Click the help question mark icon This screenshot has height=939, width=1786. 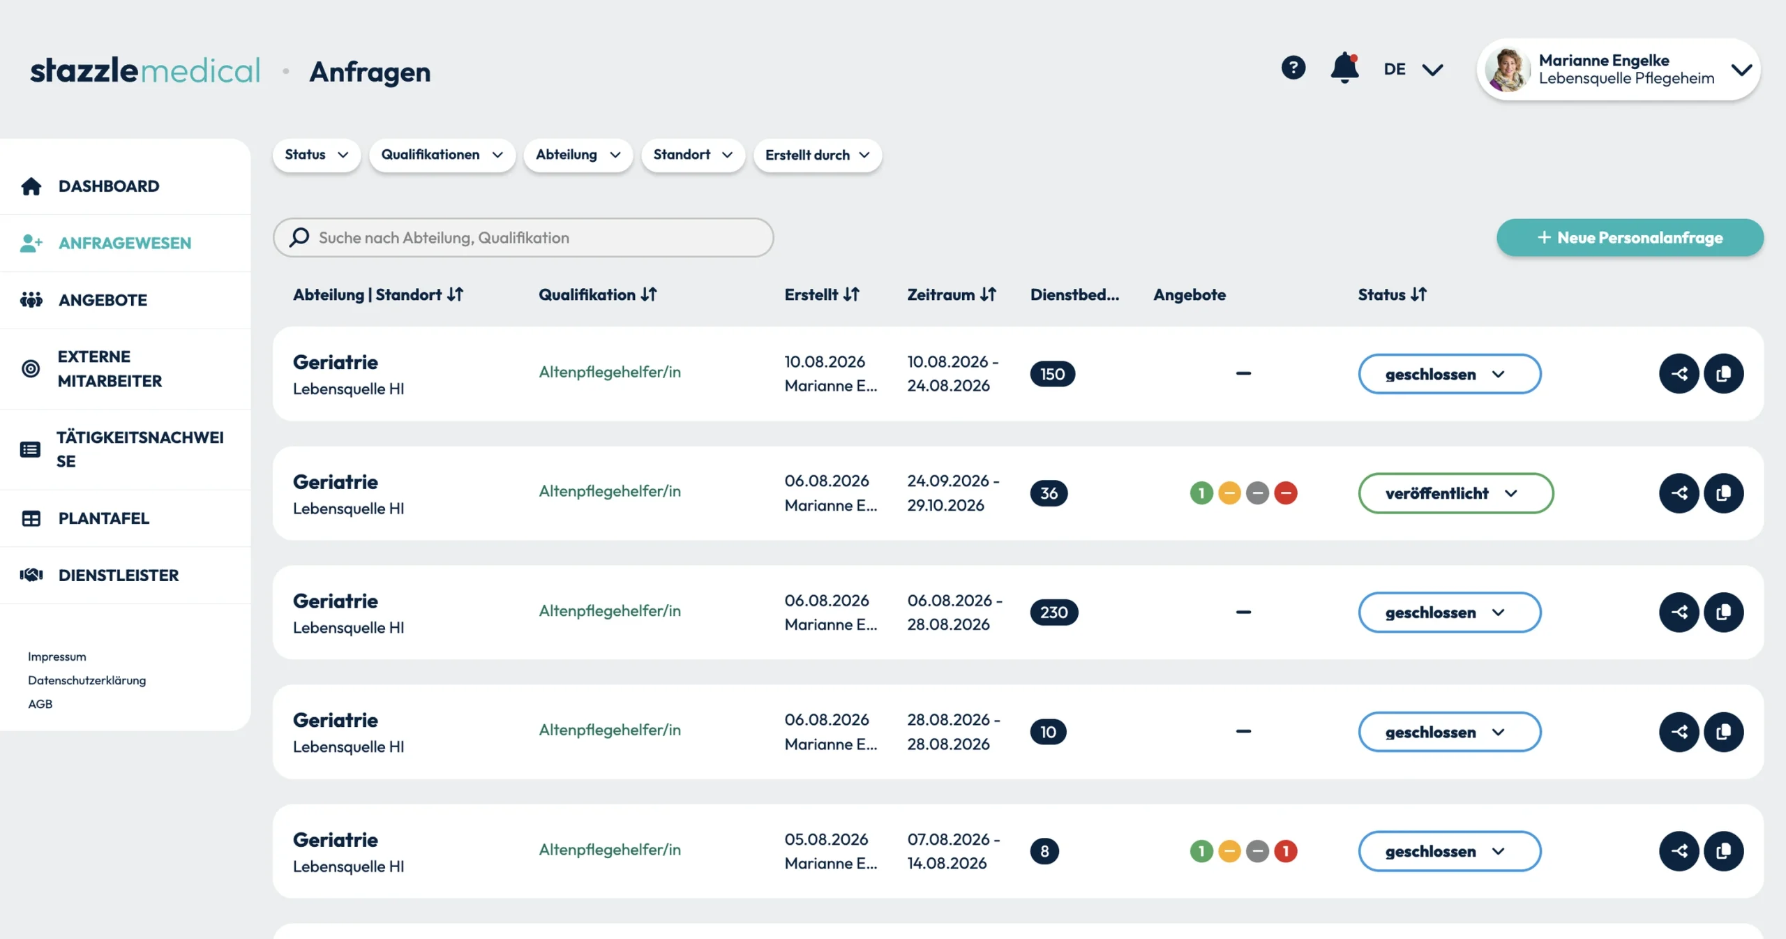tap(1293, 68)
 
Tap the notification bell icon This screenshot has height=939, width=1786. tap(1344, 68)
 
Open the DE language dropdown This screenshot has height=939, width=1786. tap(1413, 69)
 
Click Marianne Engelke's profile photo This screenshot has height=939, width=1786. tap(1508, 70)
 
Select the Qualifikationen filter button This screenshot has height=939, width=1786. tap(442, 155)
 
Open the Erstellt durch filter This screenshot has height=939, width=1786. tap(818, 155)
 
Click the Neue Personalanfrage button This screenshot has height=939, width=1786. tap(1630, 238)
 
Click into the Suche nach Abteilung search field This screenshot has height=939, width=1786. tap(523, 238)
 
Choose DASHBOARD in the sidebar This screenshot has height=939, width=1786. tap(109, 186)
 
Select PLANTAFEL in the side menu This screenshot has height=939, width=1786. tap(103, 518)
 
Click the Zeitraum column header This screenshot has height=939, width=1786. tap(952, 294)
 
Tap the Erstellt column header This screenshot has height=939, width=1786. tap(822, 294)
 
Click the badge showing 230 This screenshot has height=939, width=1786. tap(1053, 613)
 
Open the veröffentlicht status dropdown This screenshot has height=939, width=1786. tap(1455, 493)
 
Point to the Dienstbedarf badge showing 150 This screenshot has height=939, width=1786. tap(1053, 374)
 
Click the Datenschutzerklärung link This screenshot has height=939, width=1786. tap(87, 680)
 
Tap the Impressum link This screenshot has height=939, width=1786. tap(57, 656)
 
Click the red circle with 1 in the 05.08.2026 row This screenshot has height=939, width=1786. tap(1285, 851)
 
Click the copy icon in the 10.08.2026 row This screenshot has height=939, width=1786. tap(1723, 374)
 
